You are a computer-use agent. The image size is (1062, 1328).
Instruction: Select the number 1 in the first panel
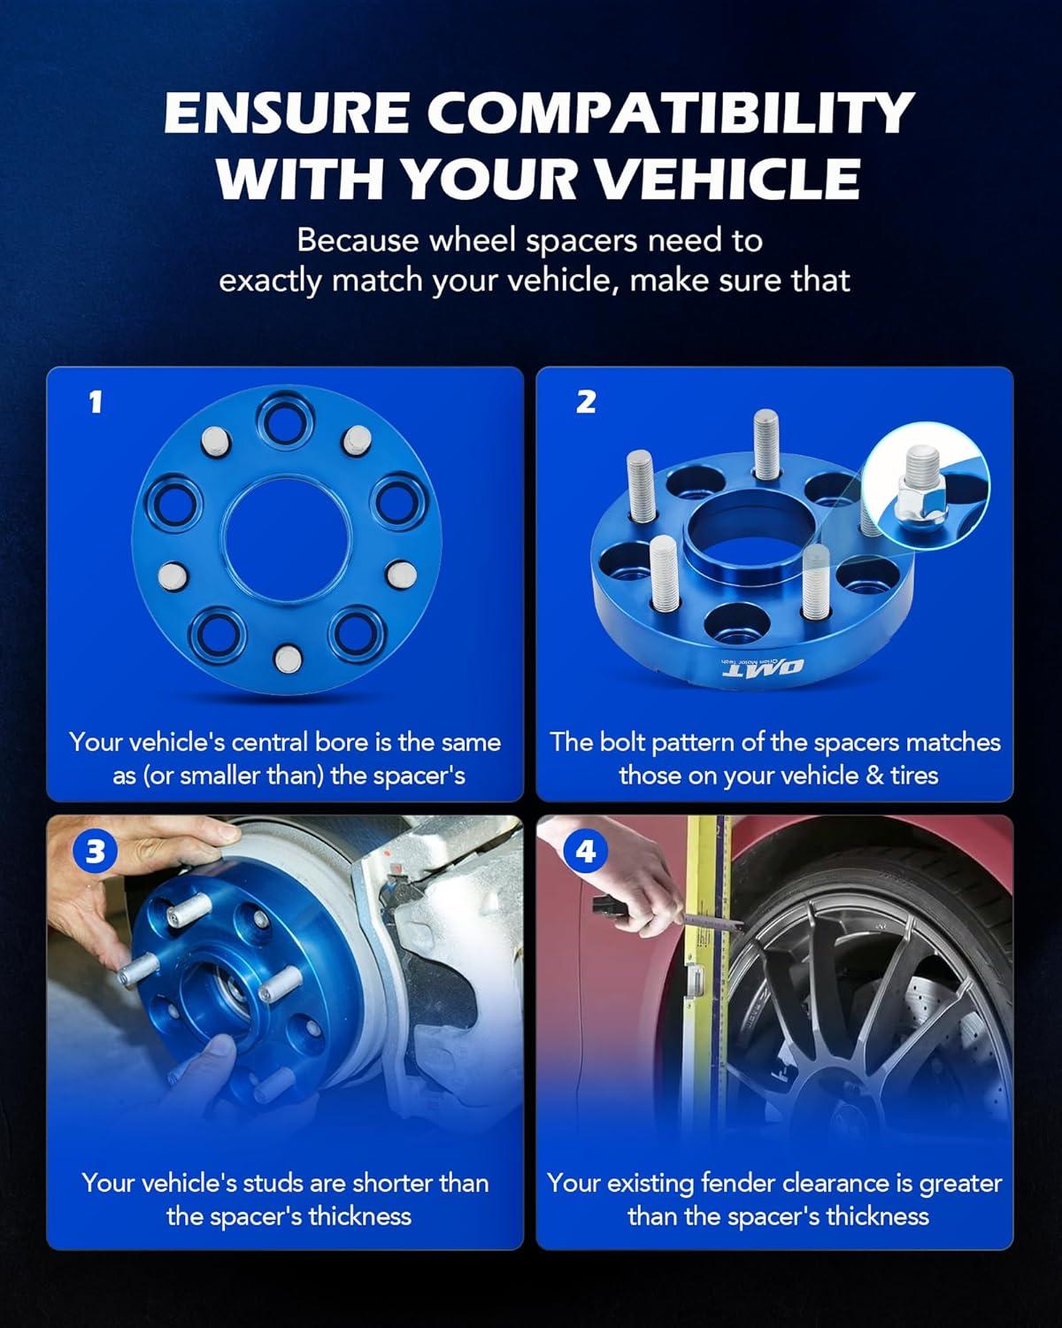tap(95, 402)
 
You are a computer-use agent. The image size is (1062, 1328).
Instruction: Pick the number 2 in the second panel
tap(586, 402)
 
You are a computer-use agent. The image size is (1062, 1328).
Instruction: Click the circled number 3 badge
tap(95, 852)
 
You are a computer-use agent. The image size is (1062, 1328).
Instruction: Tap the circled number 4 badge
tap(585, 852)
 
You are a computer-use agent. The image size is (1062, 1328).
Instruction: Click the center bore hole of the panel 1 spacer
tap(287, 539)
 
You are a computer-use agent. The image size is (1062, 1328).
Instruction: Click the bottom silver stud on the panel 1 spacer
tap(288, 659)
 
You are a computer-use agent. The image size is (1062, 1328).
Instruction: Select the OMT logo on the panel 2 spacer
tap(764, 666)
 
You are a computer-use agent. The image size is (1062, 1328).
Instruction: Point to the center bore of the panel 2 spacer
tap(751, 527)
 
